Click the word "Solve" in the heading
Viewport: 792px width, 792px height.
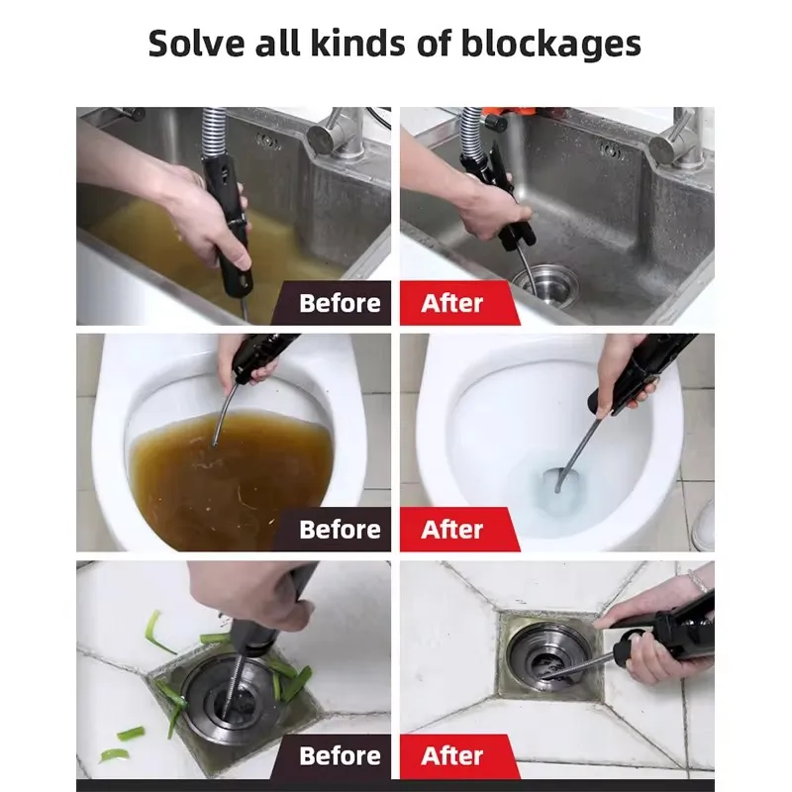click(196, 43)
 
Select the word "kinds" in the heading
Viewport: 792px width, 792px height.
click(357, 43)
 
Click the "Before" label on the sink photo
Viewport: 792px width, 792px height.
click(340, 303)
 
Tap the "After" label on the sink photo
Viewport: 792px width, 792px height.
click(452, 303)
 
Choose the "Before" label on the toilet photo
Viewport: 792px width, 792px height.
click(340, 530)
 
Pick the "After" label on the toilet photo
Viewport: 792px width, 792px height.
click(452, 530)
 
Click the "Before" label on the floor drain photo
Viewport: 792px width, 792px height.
click(340, 756)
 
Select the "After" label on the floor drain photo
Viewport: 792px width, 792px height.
click(452, 756)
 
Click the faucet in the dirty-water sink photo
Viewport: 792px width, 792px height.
click(338, 133)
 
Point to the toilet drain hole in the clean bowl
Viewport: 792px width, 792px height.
click(555, 480)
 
